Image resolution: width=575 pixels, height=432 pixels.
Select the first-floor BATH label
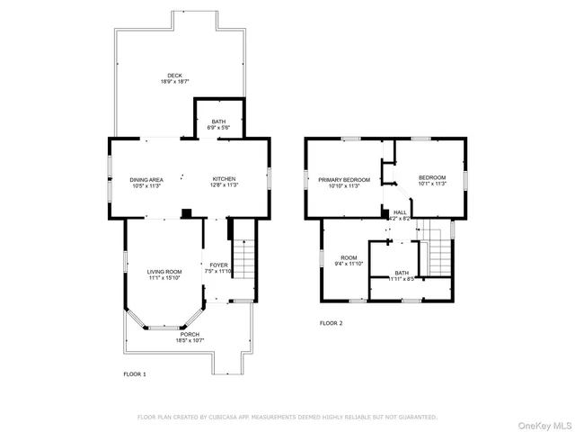pyautogui.click(x=219, y=121)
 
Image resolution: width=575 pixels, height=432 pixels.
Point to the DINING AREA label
pyautogui.click(x=146, y=179)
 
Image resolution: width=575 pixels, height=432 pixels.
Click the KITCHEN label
pyautogui.click(x=224, y=179)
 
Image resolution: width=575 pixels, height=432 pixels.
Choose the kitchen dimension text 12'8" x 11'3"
pyautogui.click(x=224, y=185)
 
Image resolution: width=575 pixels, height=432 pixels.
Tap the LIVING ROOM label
pyautogui.click(x=164, y=271)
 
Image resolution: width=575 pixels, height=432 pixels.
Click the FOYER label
pyautogui.click(x=218, y=265)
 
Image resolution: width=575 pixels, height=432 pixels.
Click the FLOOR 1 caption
pyautogui.click(x=135, y=373)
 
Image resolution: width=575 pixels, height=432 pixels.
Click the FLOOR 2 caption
pyautogui.click(x=331, y=323)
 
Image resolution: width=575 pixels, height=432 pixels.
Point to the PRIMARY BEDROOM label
pyautogui.click(x=344, y=179)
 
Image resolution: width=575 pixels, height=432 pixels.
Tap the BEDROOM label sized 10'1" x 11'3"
pyautogui.click(x=431, y=178)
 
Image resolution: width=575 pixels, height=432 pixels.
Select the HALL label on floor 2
pyautogui.click(x=399, y=212)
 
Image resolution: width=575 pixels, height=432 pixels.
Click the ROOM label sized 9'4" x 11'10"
pyautogui.click(x=349, y=257)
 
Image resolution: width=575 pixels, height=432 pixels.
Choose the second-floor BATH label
pyautogui.click(x=401, y=273)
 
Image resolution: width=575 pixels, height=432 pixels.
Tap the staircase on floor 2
pyautogui.click(x=437, y=251)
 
